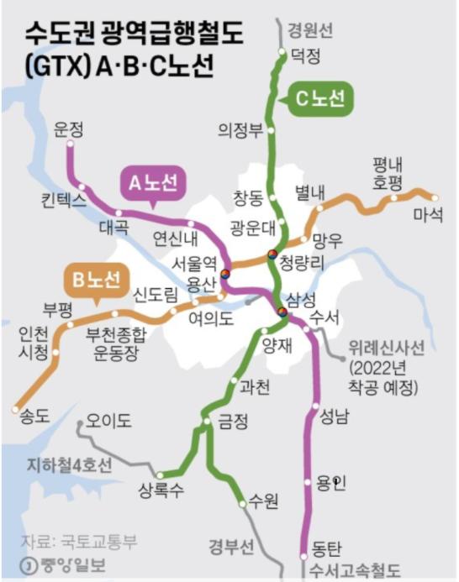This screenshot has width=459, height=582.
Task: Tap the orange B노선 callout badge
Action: pos(94,278)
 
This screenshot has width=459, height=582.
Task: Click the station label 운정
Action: pos(69,130)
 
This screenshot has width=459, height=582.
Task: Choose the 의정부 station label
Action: pos(240,130)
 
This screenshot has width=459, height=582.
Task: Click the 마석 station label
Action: pos(427,215)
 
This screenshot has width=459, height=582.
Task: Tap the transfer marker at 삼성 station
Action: pos(282,314)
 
